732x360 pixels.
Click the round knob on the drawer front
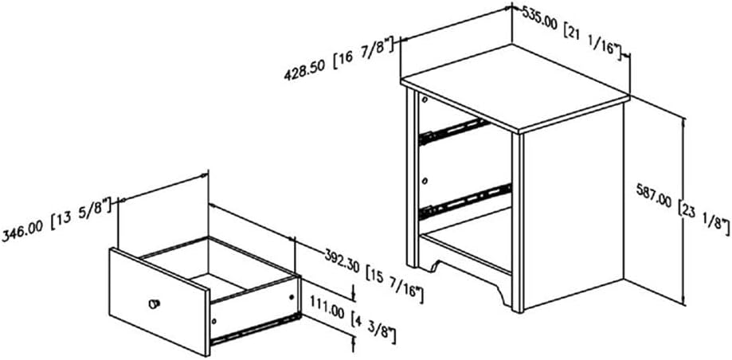click(x=154, y=304)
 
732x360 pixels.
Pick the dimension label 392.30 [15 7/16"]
click(x=374, y=275)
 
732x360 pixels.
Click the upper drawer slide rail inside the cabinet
click(x=454, y=131)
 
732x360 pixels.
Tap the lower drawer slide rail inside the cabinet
click(x=465, y=202)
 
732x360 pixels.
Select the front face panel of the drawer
click(x=159, y=302)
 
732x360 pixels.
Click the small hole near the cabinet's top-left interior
click(x=425, y=100)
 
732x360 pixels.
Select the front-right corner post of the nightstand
click(x=518, y=222)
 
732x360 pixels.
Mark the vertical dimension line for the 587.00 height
click(x=684, y=210)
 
